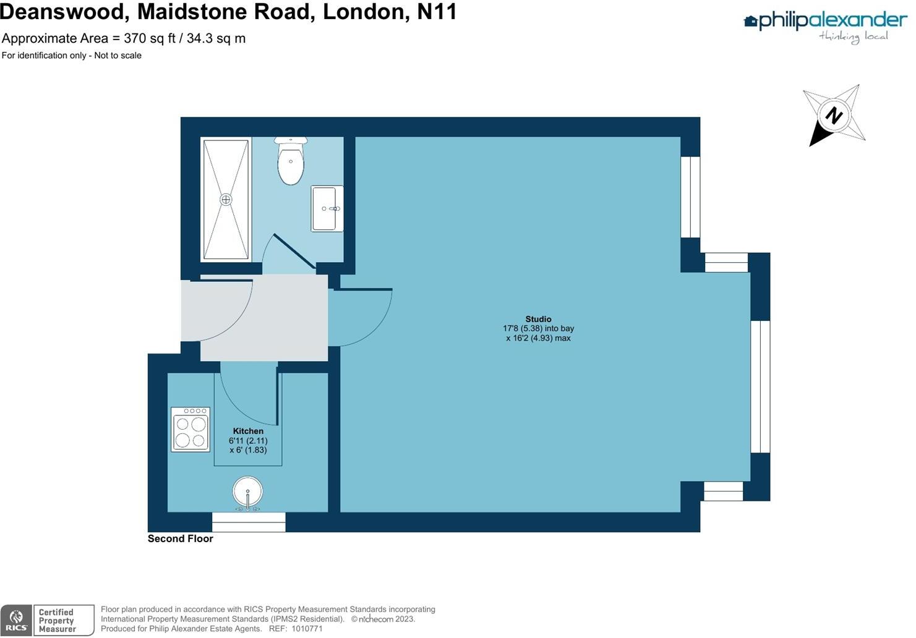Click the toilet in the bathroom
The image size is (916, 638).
click(x=291, y=162)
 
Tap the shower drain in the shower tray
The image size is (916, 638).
click(x=226, y=199)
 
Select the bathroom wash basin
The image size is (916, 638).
click(x=326, y=209)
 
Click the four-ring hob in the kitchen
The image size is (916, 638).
click(x=190, y=429)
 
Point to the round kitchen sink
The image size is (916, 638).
click(x=248, y=492)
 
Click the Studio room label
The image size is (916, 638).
click(x=538, y=319)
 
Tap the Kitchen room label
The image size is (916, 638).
click(x=248, y=431)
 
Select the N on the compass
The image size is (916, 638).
click(x=834, y=116)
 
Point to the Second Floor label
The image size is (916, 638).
click(x=180, y=538)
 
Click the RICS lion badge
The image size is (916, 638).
click(x=17, y=620)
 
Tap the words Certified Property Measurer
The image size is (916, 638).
click(x=57, y=621)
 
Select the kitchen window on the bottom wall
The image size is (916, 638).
click(x=249, y=522)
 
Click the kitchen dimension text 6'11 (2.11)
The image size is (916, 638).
click(x=248, y=441)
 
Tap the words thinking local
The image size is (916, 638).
click(x=854, y=36)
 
